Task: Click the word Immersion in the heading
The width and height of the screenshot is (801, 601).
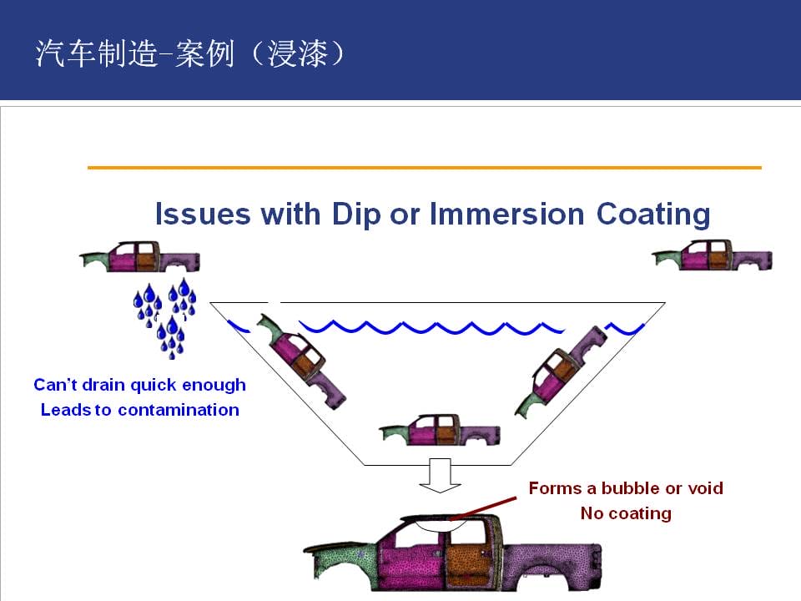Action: click(x=506, y=214)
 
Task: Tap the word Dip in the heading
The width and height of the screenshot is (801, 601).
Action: click(x=356, y=215)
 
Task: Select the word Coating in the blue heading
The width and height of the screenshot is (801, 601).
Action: click(x=653, y=215)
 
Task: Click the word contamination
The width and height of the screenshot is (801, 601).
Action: click(x=179, y=410)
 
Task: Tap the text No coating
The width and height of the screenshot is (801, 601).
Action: click(x=626, y=513)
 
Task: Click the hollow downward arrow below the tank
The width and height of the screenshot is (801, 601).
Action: click(x=440, y=475)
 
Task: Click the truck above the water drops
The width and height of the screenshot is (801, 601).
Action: click(x=140, y=256)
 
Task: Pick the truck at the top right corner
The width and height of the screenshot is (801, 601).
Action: click(x=712, y=255)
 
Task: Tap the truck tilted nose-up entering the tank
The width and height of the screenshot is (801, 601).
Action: click(x=300, y=361)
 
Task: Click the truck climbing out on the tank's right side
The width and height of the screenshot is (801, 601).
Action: click(x=561, y=372)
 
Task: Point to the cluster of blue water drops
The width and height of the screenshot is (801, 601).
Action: click(x=165, y=318)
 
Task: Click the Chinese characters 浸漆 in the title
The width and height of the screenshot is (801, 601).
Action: click(x=297, y=53)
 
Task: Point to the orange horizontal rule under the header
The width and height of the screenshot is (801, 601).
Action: click(x=425, y=167)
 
